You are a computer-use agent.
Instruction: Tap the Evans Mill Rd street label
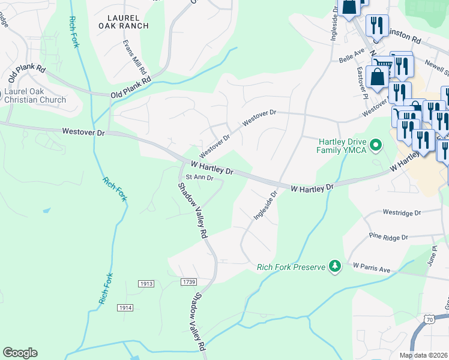click(136, 58)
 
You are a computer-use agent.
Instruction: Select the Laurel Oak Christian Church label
click(35, 95)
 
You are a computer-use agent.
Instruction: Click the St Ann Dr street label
click(199, 177)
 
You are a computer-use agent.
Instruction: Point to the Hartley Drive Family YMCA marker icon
click(376, 145)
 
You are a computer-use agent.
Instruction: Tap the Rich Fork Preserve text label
click(291, 267)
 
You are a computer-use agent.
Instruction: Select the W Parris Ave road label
click(372, 267)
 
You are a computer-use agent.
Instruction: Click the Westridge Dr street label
click(402, 212)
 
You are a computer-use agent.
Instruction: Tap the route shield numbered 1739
click(188, 281)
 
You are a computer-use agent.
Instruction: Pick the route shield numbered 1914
click(125, 307)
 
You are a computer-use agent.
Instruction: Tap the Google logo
click(20, 353)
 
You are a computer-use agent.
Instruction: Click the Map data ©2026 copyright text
click(424, 355)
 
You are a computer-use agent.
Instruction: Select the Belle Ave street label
click(352, 58)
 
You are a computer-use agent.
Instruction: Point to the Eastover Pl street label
click(362, 77)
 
